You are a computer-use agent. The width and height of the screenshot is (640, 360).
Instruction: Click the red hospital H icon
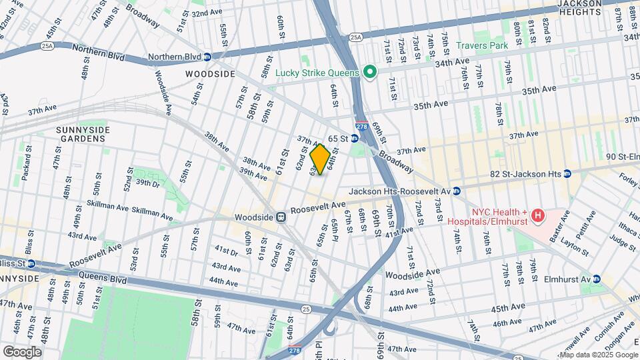tap(537, 216)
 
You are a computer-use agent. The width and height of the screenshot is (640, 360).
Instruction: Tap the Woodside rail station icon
tap(281, 217)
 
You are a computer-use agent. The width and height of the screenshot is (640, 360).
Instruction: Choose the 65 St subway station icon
tap(355, 138)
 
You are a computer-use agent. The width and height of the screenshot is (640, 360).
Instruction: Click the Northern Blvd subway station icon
tap(207, 57)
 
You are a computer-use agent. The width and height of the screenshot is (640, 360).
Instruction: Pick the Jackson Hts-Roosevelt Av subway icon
tap(457, 191)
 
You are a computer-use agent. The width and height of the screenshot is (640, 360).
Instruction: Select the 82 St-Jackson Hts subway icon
tap(567, 173)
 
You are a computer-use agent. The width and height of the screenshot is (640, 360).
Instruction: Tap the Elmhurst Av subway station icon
tap(597, 280)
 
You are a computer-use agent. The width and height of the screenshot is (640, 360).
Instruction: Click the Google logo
tap(22, 351)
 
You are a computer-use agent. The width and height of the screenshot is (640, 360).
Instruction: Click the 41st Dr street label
tap(226, 252)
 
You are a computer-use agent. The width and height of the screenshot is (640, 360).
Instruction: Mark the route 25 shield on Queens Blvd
tap(305, 308)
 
